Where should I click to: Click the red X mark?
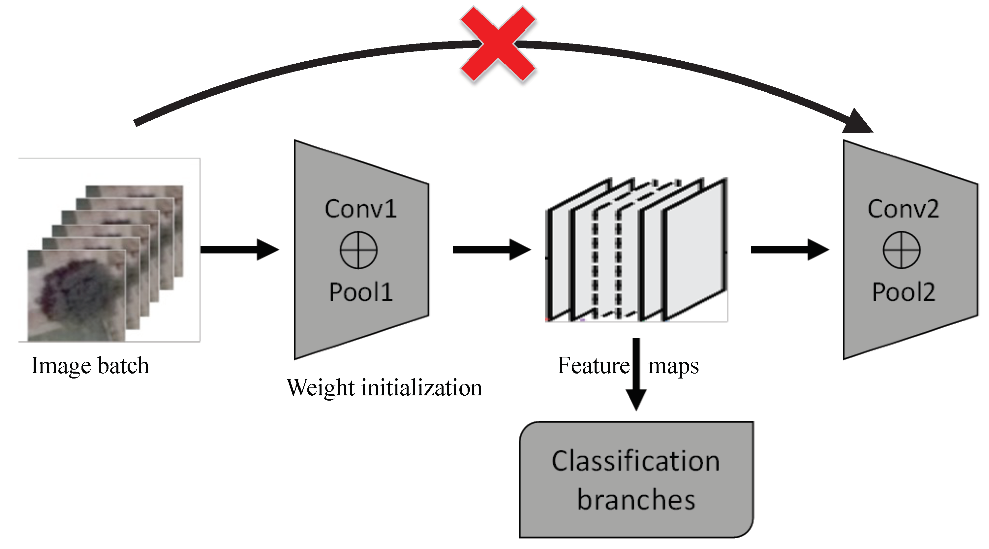498,44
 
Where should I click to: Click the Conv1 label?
360,209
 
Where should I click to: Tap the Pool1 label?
360,292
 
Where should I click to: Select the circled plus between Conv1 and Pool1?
358,250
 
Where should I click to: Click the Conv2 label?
903,209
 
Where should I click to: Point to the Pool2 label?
903,292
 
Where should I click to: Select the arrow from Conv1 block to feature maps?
491,250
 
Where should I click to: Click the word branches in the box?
636,500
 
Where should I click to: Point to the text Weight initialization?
384,388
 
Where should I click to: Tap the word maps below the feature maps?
673,366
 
